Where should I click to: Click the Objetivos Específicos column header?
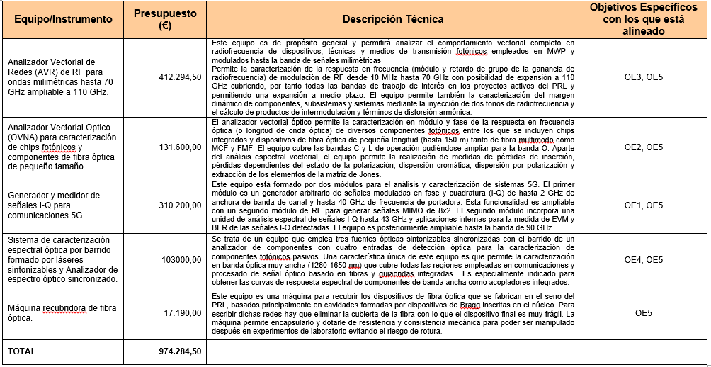(x=643, y=19)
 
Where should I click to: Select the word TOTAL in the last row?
(x=22, y=351)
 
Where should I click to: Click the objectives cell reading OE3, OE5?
(x=643, y=77)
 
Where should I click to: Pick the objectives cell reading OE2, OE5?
(x=643, y=147)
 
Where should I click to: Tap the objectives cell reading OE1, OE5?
(x=643, y=205)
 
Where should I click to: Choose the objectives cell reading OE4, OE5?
(x=643, y=259)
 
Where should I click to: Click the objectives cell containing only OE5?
(x=643, y=312)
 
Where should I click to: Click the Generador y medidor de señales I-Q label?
(x=54, y=205)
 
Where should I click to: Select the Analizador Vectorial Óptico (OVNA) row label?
(x=60, y=147)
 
